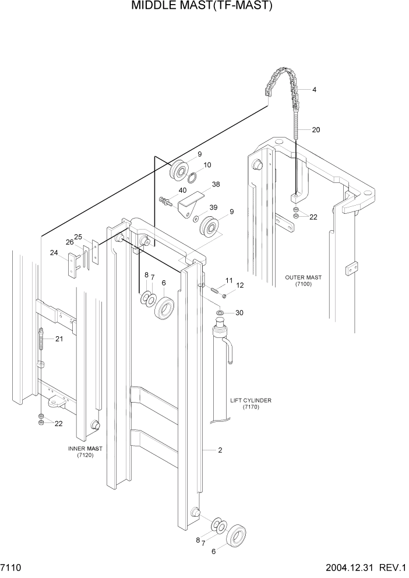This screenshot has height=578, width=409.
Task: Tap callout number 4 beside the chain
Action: pos(314,90)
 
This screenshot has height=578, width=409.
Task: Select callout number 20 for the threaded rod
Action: pos(316,130)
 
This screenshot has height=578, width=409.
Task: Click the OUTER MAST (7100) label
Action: pos(303,281)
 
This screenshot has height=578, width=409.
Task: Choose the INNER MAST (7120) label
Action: pos(85,452)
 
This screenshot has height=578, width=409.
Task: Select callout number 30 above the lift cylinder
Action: pos(239,313)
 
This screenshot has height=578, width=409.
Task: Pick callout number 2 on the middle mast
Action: pos(221,450)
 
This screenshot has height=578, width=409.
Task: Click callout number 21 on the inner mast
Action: pos(59,339)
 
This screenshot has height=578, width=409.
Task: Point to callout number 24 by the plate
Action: pos(54,253)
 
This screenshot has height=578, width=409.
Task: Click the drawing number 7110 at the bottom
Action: pos(11,566)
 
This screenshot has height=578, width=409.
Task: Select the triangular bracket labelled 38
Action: pos(191,207)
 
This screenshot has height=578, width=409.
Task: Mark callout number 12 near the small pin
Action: pos(239,286)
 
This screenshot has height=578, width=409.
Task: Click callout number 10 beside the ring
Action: pos(207,165)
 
